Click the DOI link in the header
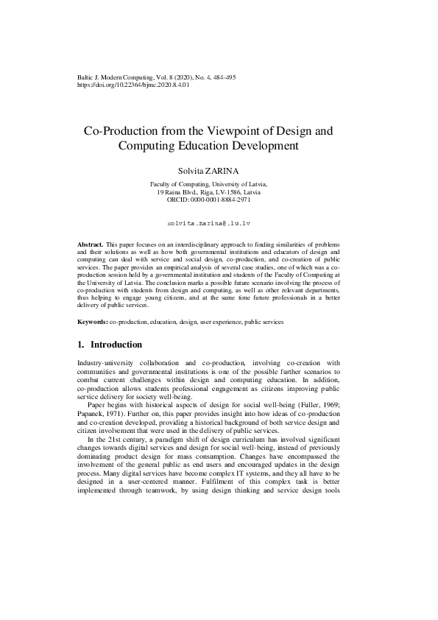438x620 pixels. pos(133,85)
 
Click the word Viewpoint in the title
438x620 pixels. pos(227,131)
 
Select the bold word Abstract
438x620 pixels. pos(91,243)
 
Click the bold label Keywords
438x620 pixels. pos(93,323)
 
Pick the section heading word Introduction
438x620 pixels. pos(116,345)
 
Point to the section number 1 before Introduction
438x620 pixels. pos(80,345)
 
